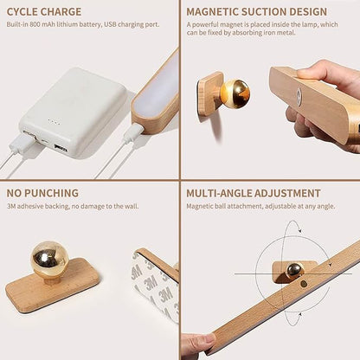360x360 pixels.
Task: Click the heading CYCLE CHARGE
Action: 44,12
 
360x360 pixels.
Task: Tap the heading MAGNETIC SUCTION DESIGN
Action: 256,12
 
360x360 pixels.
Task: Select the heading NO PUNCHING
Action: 42,193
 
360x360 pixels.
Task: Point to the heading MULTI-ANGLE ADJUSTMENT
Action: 254,193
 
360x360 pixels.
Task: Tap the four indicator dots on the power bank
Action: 54,122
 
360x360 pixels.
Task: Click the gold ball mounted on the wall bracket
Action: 235,93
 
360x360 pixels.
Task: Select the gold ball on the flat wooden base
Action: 49,259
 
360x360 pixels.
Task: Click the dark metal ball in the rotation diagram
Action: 295,270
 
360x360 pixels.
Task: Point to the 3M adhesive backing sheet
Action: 155,287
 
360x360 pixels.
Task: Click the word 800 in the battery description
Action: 35,24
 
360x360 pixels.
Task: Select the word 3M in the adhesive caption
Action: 11,206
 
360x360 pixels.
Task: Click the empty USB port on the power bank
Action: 61,148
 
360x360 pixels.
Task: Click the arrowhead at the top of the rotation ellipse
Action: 300,230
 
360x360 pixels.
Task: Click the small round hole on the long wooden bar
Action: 303,284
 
